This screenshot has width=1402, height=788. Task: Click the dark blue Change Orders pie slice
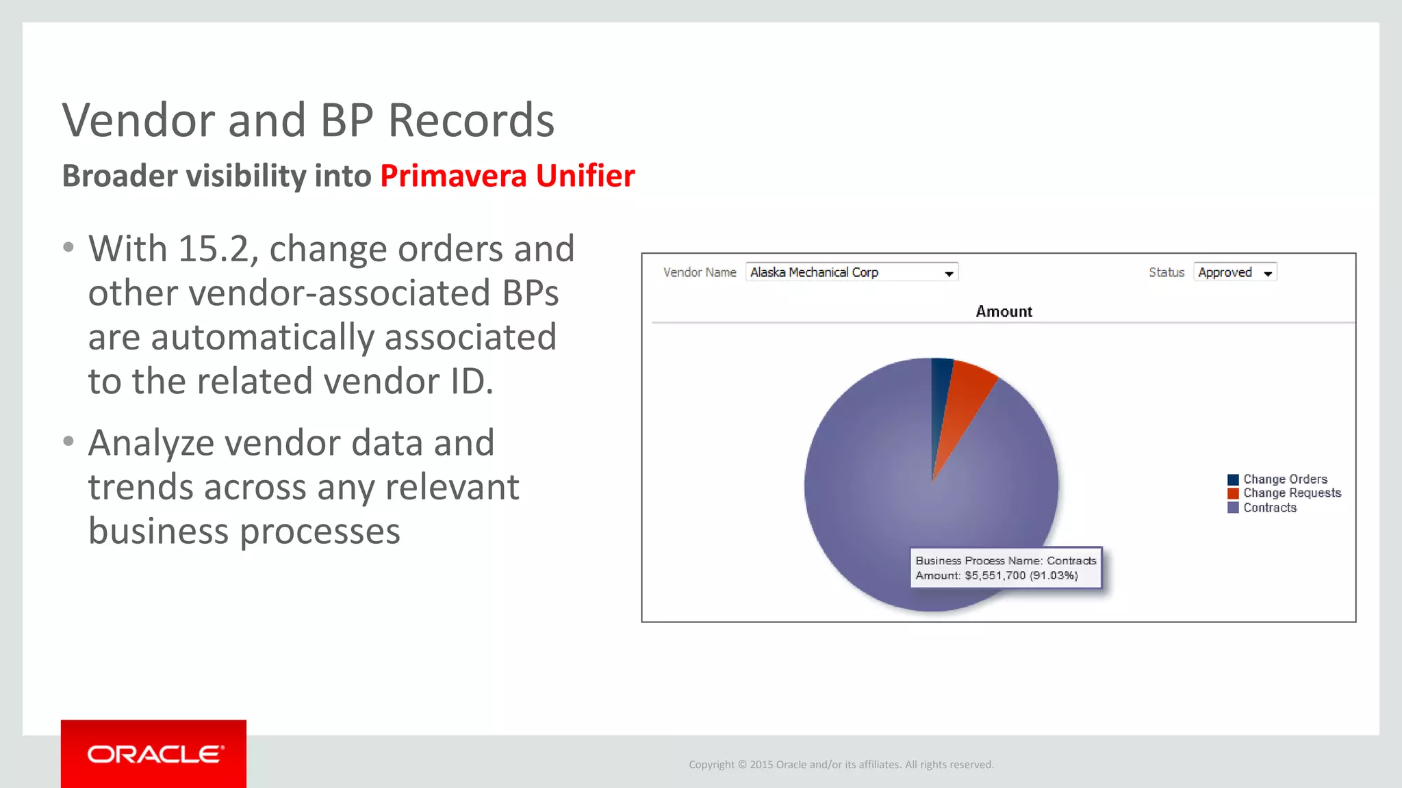point(941,390)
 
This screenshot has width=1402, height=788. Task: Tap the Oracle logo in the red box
point(155,754)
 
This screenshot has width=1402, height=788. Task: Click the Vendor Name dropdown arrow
point(949,274)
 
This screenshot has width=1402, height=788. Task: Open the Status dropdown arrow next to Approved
point(1268,274)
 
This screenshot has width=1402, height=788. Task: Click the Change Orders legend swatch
point(1233,480)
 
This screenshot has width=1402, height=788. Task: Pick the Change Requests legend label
point(1292,493)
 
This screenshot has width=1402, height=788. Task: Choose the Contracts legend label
point(1270,508)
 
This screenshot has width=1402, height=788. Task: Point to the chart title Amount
point(1004,312)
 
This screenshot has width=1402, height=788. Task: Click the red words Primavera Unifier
point(507,176)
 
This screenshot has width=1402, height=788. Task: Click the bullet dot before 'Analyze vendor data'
point(68,442)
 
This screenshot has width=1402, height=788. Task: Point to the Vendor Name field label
point(700,272)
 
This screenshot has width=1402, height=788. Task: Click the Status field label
point(1166,272)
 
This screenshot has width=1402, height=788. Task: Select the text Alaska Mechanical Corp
point(814,272)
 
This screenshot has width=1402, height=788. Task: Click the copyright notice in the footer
point(841,765)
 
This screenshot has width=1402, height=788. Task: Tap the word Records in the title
point(471,120)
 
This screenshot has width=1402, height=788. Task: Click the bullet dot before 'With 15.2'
point(68,248)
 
